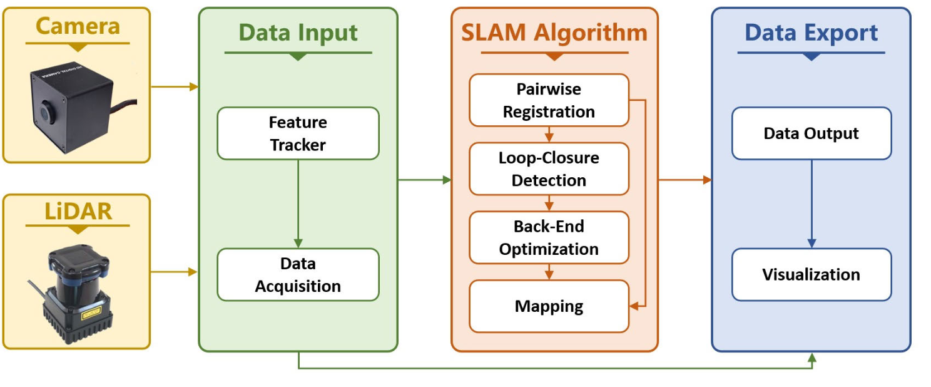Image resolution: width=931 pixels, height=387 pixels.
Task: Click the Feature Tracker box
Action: point(298,133)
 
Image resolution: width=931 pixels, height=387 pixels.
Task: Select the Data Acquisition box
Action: point(298,275)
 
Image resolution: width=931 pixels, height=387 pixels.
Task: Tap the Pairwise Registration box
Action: point(549,100)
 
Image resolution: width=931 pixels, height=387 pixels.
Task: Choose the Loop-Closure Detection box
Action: point(549,169)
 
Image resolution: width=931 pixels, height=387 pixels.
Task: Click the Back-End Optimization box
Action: point(549,237)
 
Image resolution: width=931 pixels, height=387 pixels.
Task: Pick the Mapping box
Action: point(549,306)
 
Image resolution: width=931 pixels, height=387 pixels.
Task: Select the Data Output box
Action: point(811,133)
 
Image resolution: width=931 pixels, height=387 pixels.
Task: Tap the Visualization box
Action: point(811,275)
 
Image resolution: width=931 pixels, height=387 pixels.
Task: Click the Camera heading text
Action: point(78,26)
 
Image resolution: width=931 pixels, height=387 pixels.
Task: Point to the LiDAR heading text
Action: point(78,211)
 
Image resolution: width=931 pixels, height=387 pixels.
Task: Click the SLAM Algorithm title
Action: point(554,33)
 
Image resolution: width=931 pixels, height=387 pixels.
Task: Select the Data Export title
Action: point(811,33)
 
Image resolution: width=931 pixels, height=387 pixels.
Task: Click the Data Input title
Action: point(298,33)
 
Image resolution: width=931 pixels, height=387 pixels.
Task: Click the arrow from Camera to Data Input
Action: point(175,86)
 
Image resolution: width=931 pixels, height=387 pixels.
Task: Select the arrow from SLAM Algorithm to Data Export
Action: point(684,180)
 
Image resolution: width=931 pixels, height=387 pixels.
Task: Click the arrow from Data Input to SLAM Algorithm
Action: point(424,180)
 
